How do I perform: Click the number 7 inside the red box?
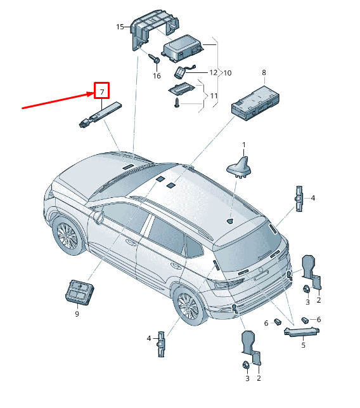102,91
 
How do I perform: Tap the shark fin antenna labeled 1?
240,168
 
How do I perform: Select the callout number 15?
120,27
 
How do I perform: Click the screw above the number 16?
155,58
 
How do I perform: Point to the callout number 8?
264,72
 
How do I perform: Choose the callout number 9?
77,314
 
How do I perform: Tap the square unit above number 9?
79,292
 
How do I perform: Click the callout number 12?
214,72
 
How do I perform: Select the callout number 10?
228,73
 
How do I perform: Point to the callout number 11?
214,96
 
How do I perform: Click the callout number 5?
303,345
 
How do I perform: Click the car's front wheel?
67,236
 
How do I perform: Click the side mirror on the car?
98,217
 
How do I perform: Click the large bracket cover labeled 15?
155,29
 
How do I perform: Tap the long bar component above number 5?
302,332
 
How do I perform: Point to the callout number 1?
244,145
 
